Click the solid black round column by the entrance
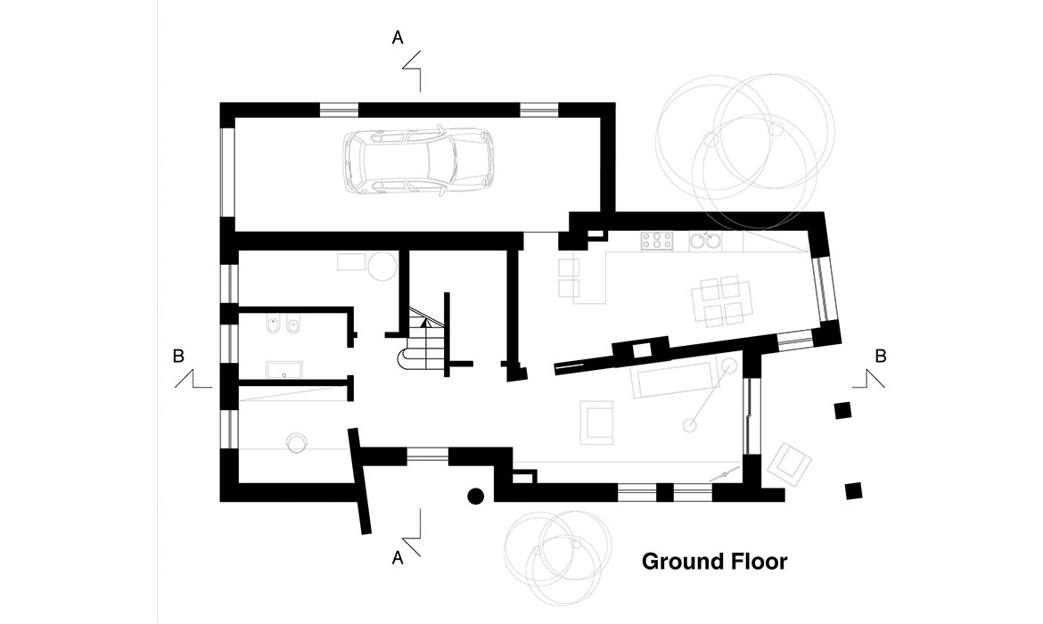[476, 496]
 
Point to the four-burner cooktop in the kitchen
[657, 241]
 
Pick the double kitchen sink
[705, 241]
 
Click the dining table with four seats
[722, 300]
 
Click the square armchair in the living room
[596, 422]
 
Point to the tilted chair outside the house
[789, 463]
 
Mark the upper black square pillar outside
[842, 410]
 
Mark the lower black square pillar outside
[853, 491]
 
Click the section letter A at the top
[397, 38]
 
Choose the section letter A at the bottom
[397, 557]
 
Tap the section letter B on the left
[178, 356]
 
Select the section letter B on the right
[881, 356]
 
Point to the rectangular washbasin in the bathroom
[284, 369]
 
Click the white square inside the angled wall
[641, 350]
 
